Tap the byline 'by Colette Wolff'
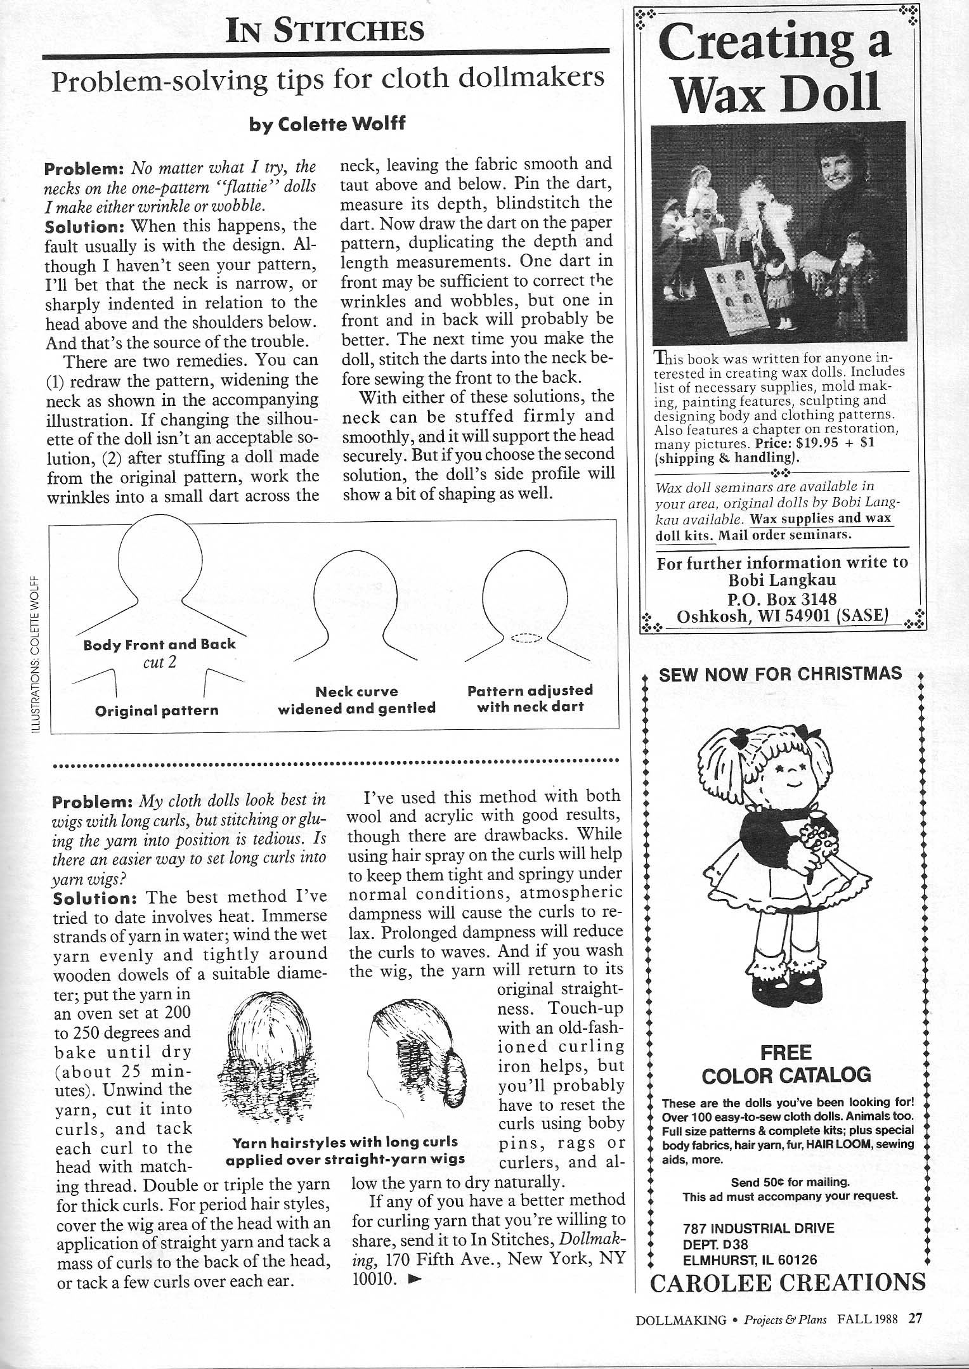point(327,123)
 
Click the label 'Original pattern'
point(157,710)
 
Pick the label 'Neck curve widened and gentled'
point(356,699)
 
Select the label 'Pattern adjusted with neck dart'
point(530,698)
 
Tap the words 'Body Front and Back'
point(159,644)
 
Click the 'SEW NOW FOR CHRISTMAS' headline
point(780,673)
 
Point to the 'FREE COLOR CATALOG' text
point(786,1064)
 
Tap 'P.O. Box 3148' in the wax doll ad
point(781,599)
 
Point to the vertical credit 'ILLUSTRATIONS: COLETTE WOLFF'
point(36,653)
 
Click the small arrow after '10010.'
point(415,1279)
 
